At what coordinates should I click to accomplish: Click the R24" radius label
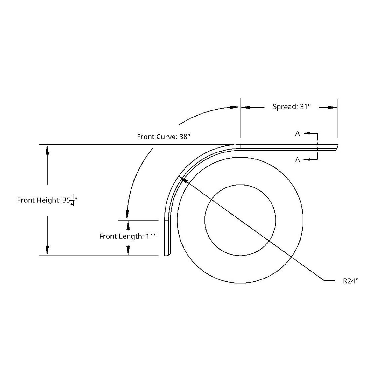(x=350, y=281)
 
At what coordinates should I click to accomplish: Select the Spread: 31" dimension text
(x=291, y=107)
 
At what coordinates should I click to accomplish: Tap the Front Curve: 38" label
(x=163, y=137)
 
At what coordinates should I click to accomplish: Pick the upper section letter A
(x=297, y=133)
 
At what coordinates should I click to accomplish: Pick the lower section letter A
(x=297, y=159)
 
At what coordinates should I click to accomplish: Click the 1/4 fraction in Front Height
(x=73, y=200)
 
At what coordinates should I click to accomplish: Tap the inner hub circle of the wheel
(x=240, y=220)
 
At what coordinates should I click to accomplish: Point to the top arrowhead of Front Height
(x=47, y=149)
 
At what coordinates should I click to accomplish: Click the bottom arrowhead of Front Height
(x=47, y=251)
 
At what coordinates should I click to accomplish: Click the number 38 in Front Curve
(x=183, y=137)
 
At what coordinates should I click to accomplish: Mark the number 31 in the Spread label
(x=304, y=107)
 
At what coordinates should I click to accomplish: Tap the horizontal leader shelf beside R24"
(x=329, y=281)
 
